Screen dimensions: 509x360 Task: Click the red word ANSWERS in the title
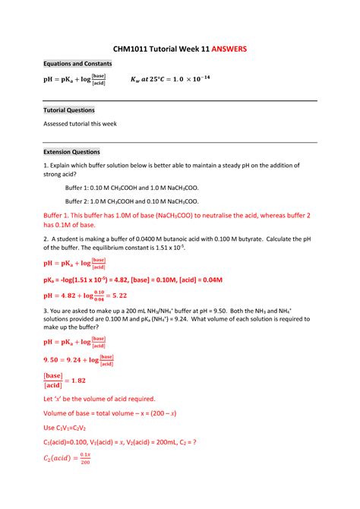point(226,48)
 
